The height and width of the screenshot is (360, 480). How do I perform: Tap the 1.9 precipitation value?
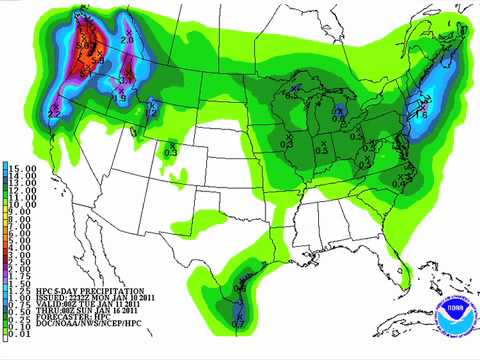[x=121, y=98]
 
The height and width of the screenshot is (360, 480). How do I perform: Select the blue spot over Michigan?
[x=340, y=109]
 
